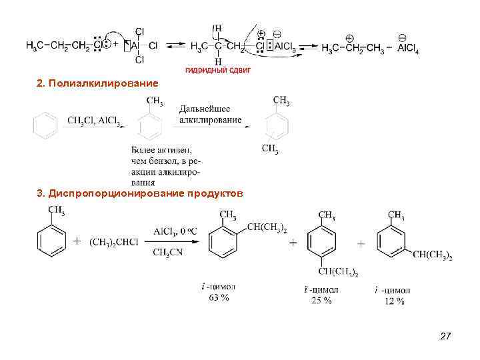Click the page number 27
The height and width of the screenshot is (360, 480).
point(446,339)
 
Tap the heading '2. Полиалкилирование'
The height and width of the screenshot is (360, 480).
point(98,84)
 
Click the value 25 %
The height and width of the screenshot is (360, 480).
point(321,301)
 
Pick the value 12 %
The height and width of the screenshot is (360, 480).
point(393,301)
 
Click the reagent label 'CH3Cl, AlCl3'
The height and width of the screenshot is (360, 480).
point(94,121)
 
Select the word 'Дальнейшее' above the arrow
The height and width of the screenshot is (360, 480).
point(205,109)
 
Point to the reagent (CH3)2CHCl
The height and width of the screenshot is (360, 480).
point(114,241)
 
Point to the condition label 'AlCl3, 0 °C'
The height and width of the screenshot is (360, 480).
point(173,231)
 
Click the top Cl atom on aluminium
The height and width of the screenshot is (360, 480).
point(139,31)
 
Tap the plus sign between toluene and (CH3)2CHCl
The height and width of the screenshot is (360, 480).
point(76,241)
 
